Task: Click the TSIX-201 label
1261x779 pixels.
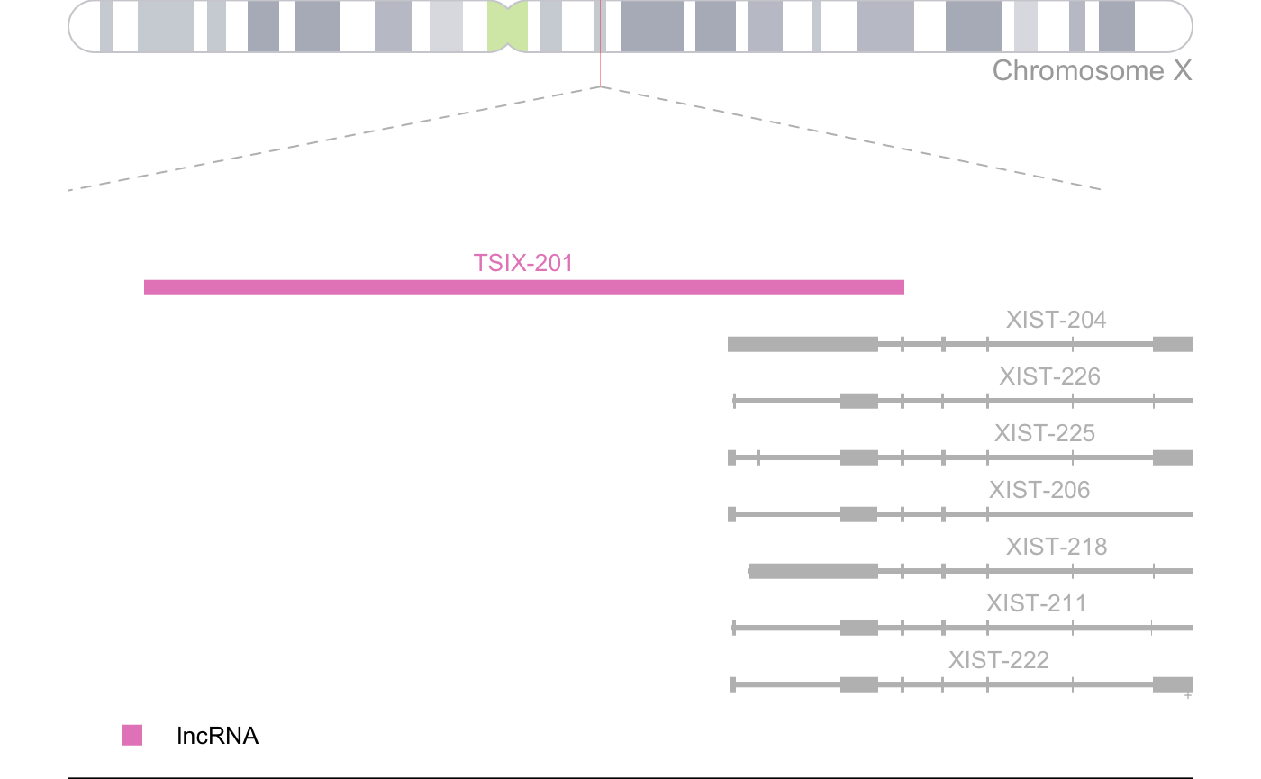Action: click(522, 263)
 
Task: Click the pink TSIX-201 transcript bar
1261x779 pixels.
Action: click(523, 287)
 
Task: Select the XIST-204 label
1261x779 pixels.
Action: click(1056, 320)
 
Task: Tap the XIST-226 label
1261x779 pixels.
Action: click(1048, 376)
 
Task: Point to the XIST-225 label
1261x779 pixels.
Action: click(1044, 433)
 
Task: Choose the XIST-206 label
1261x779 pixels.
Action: click(1039, 490)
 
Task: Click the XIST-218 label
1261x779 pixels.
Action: click(1056, 547)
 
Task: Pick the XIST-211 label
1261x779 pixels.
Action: click(1035, 603)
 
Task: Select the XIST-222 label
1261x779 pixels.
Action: click(998, 660)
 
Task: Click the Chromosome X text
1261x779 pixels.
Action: click(1092, 70)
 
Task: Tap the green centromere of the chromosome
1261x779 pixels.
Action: click(507, 26)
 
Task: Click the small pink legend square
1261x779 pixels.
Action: click(132, 735)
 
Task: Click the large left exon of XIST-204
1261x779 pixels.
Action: click(802, 344)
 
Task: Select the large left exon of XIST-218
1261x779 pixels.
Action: click(813, 571)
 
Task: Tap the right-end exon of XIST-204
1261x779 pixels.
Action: click(1172, 344)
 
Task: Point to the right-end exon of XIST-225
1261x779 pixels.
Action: click(1172, 457)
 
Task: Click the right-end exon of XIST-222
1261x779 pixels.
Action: click(1172, 684)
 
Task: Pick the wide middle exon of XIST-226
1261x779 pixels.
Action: click(858, 401)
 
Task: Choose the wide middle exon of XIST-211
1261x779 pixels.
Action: click(858, 628)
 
